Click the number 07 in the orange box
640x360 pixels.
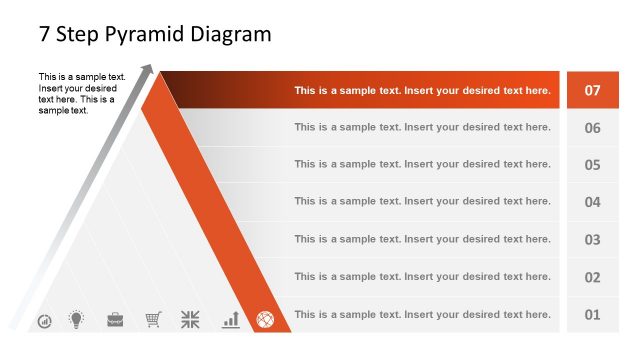(x=592, y=90)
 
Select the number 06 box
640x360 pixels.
(x=592, y=128)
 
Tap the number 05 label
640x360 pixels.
(x=592, y=165)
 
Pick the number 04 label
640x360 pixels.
(x=592, y=202)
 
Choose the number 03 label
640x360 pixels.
(x=592, y=240)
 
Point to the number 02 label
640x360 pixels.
(x=592, y=277)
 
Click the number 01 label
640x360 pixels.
(x=592, y=315)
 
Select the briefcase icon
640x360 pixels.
(x=115, y=320)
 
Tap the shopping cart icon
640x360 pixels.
(x=153, y=320)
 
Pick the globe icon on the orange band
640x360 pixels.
(x=265, y=320)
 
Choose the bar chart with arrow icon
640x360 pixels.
(x=231, y=320)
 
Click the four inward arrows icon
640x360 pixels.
(x=190, y=320)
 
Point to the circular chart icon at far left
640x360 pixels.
(x=44, y=322)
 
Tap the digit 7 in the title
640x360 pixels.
(x=45, y=34)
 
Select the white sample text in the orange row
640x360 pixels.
(x=422, y=90)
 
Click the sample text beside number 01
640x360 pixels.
(x=422, y=315)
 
